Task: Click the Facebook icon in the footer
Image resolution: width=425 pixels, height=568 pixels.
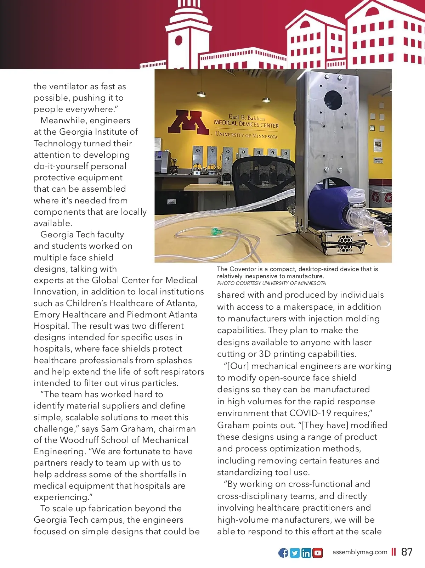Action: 283,553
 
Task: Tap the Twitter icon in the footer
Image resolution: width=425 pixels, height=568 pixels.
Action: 295,553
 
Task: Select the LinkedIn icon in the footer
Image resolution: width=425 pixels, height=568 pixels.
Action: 306,553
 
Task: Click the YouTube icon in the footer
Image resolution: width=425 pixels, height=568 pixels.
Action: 318,553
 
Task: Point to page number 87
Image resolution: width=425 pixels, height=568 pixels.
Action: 407,552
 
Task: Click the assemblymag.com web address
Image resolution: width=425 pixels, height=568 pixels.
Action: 359,552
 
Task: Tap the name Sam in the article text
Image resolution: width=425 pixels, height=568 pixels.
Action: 109,429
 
